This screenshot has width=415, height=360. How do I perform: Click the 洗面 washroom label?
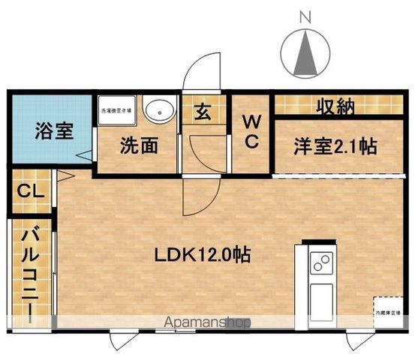click(x=140, y=145)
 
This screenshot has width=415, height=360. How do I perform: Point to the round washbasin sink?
click(x=157, y=110)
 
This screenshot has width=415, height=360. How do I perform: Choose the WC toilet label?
click(x=250, y=131)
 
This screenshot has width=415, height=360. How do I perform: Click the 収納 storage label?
click(x=333, y=107)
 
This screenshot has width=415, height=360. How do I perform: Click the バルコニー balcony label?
click(x=29, y=274)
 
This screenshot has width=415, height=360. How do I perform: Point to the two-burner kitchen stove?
click(x=323, y=263)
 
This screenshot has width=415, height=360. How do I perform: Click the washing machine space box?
click(x=115, y=112)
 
